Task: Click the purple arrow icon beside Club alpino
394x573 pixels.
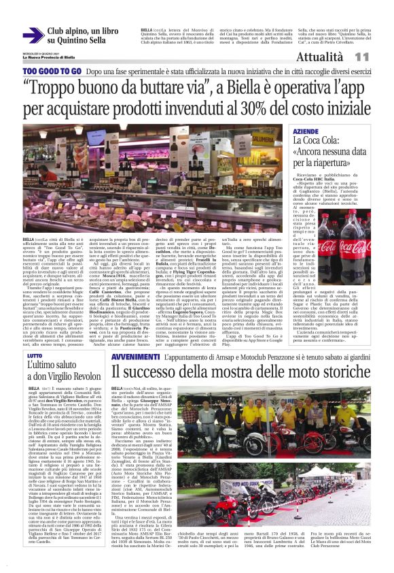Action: click(33, 36)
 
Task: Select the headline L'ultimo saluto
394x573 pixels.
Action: click(50, 367)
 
